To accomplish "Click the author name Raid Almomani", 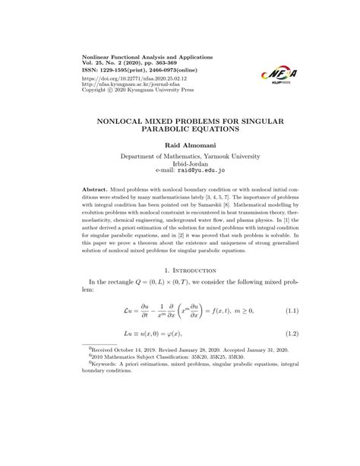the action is point(180,144).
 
